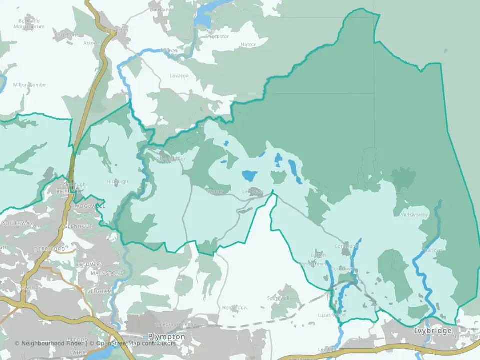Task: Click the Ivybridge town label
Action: tap(433, 331)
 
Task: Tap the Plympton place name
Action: tap(167, 337)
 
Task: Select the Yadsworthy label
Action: tap(414, 215)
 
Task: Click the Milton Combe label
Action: tap(29, 85)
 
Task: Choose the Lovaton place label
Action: tap(179, 76)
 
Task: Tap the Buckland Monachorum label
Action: tap(29, 24)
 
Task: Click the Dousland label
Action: tap(161, 9)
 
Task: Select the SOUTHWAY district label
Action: tap(17, 223)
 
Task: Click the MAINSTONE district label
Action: tap(107, 273)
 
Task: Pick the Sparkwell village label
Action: tap(279, 298)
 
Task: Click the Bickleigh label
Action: tap(117, 181)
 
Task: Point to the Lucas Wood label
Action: tap(331, 315)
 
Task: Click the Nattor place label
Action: tap(248, 45)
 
